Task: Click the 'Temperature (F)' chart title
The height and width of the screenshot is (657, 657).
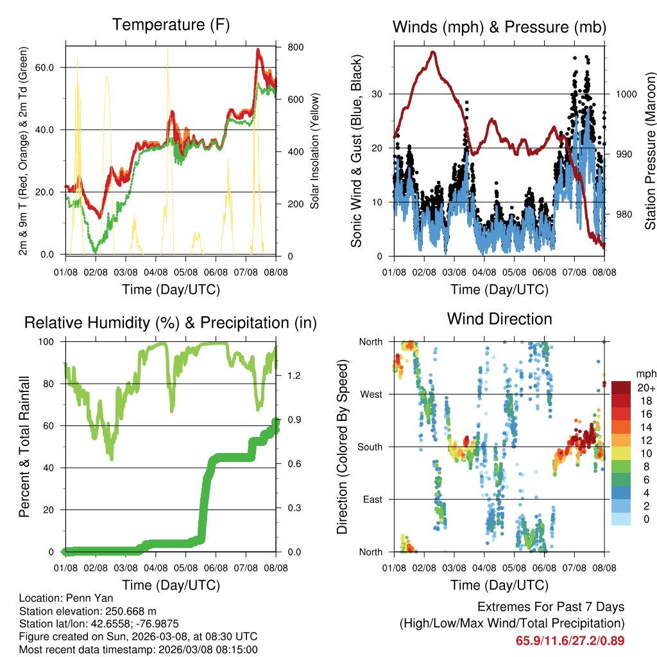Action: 171,25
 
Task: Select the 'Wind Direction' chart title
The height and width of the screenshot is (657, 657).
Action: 499,319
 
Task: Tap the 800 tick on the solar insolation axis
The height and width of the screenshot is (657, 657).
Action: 287,48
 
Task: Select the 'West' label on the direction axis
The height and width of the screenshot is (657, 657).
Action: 371,394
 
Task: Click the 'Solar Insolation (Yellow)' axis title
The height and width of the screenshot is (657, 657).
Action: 315,151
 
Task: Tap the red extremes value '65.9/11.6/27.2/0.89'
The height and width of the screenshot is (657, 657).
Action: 570,640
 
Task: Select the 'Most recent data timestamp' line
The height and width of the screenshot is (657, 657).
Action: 138,649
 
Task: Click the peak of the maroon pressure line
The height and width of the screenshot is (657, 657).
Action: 433,52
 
